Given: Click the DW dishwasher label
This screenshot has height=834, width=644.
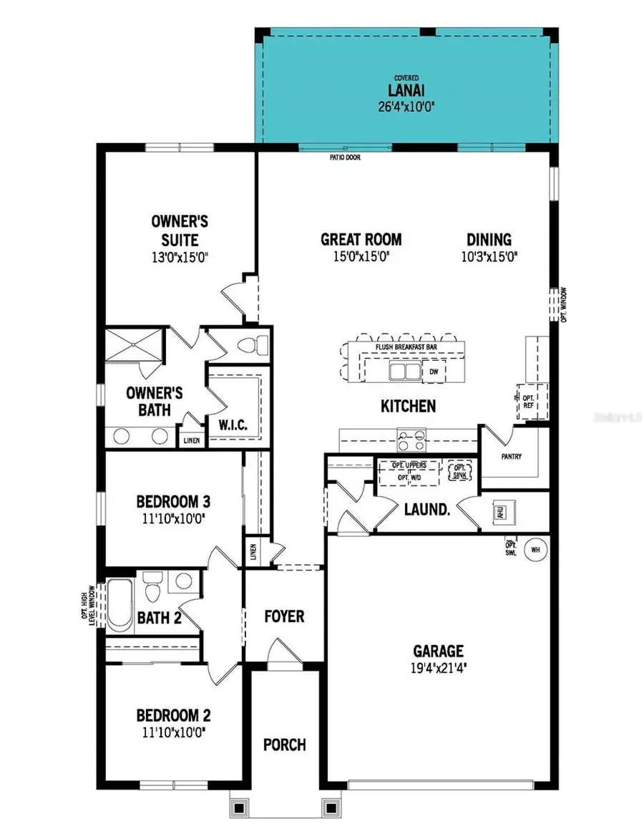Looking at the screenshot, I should click(434, 372).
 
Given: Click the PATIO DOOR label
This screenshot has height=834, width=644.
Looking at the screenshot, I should click(345, 156).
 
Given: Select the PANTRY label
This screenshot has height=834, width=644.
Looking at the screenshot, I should click(511, 456).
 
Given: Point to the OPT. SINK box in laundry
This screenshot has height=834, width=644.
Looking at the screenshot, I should click(459, 471).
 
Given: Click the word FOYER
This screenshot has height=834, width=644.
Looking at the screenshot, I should click(284, 616).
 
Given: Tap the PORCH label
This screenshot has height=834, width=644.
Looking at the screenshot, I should click(284, 745).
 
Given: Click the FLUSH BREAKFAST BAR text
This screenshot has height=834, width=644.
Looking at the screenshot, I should click(406, 347).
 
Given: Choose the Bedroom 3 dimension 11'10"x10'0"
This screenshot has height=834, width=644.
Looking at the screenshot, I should click(173, 518).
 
